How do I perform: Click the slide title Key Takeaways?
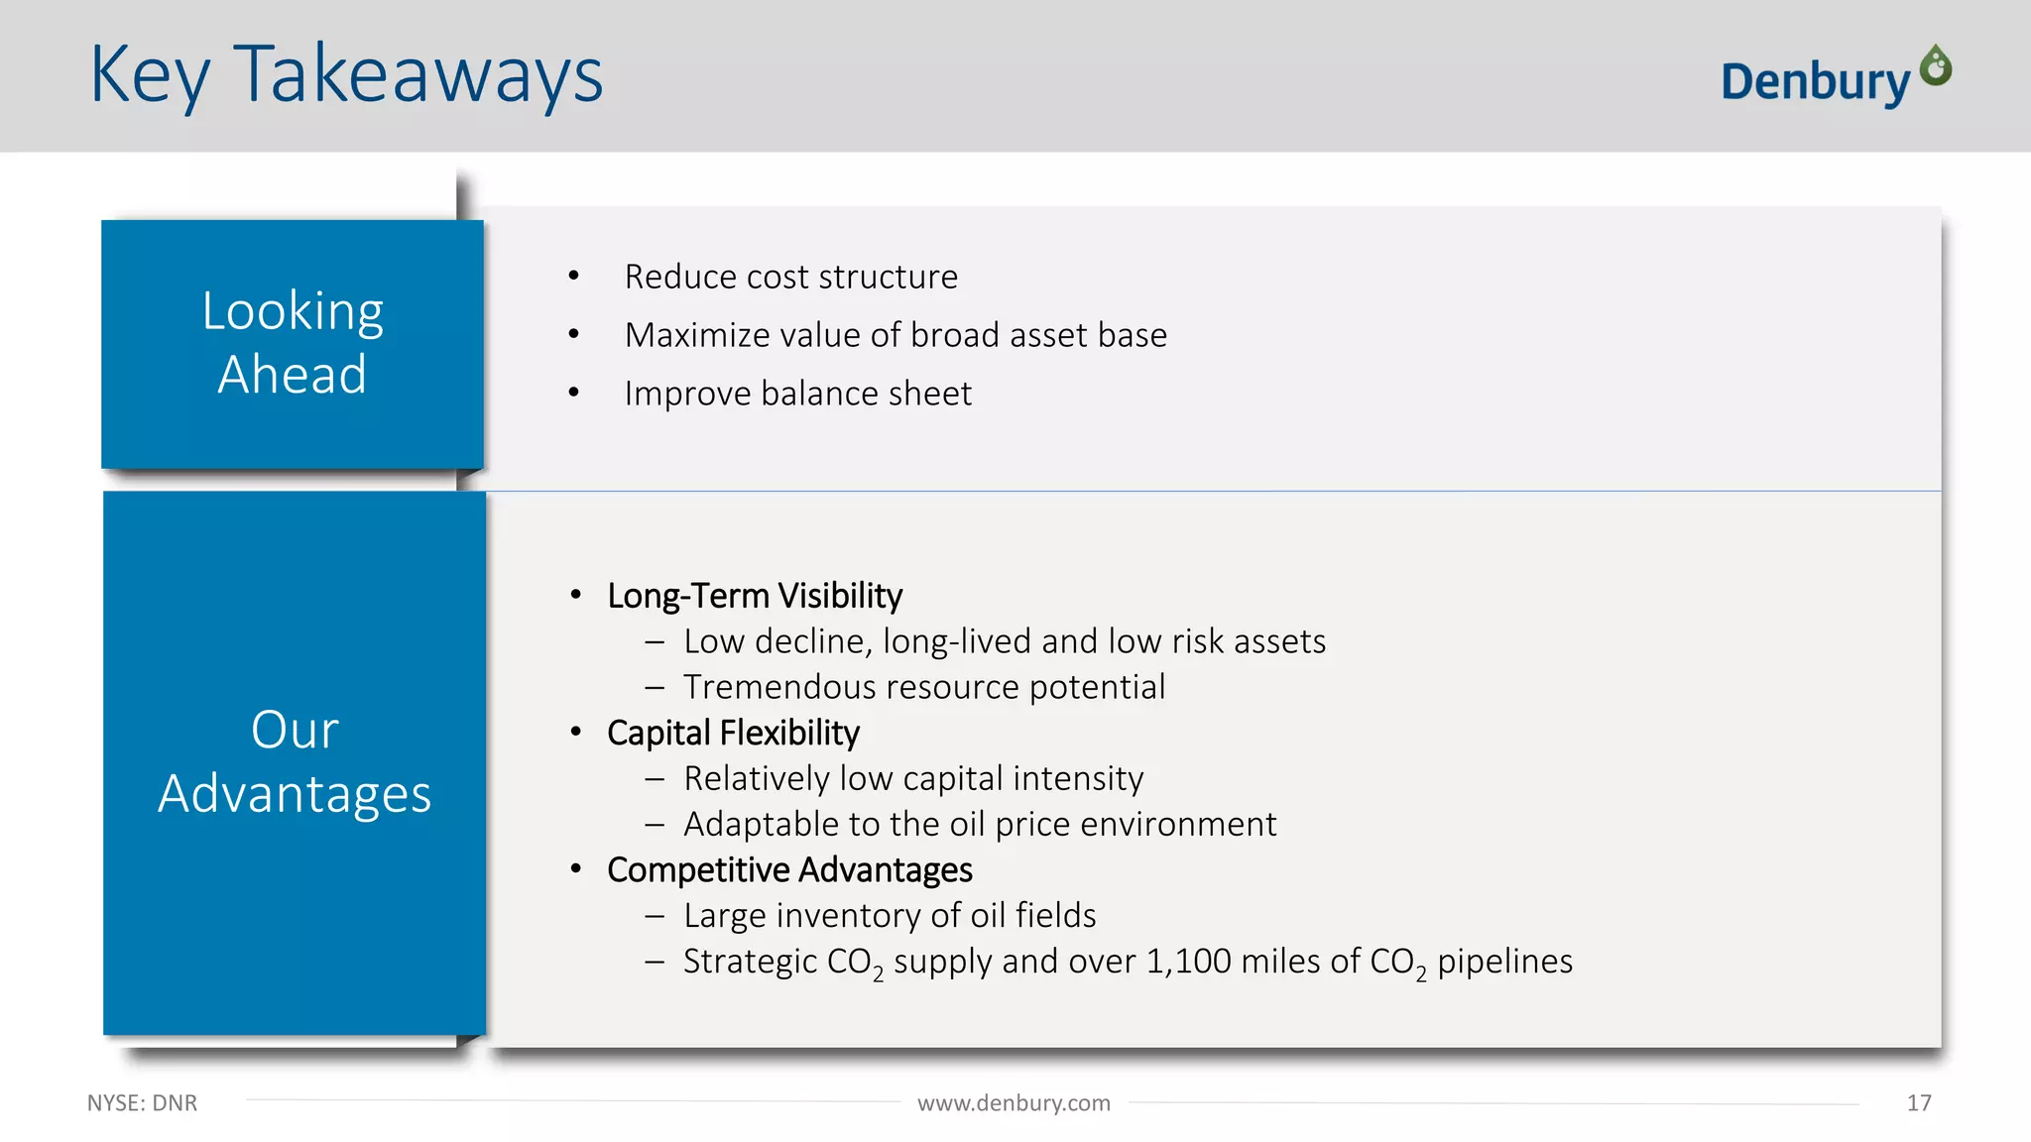[x=346, y=75]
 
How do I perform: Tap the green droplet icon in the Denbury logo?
[x=1935, y=66]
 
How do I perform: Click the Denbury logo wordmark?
[x=1814, y=81]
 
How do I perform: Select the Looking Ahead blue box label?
[x=293, y=343]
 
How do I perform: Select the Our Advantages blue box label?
[x=295, y=761]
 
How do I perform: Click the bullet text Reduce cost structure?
[x=790, y=277]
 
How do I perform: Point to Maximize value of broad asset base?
[x=896, y=335]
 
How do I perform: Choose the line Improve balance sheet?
[x=797, y=394]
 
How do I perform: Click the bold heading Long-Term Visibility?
[x=755, y=596]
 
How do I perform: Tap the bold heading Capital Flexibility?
[x=733, y=733]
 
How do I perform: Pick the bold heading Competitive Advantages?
[x=789, y=869]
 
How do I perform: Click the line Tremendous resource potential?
[x=924, y=687]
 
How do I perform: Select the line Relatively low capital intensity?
[x=913, y=778]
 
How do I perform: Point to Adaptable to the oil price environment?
[x=980, y=824]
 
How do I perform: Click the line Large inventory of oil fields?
[x=890, y=915]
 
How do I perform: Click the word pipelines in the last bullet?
[x=1504, y=961]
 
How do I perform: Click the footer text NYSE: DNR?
[x=142, y=1103]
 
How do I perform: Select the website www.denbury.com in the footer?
[x=1014, y=1103]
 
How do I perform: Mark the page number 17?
[x=1919, y=1103]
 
